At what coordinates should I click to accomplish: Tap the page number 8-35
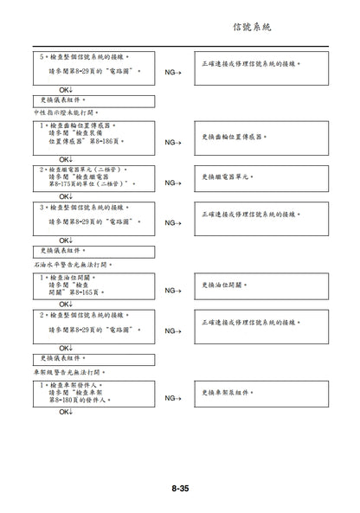click(x=180, y=488)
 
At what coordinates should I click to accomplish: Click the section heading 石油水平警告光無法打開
click(x=74, y=264)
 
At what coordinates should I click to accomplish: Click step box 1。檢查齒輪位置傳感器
click(x=93, y=138)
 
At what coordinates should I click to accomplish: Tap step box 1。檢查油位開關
click(x=93, y=285)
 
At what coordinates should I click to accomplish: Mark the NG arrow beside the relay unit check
click(x=172, y=183)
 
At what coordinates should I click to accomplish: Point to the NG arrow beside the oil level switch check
click(x=172, y=292)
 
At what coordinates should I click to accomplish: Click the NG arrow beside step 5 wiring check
click(x=172, y=73)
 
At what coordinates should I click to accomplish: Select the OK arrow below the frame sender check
click(x=66, y=413)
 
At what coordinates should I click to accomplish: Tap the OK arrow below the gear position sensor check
click(x=66, y=159)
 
